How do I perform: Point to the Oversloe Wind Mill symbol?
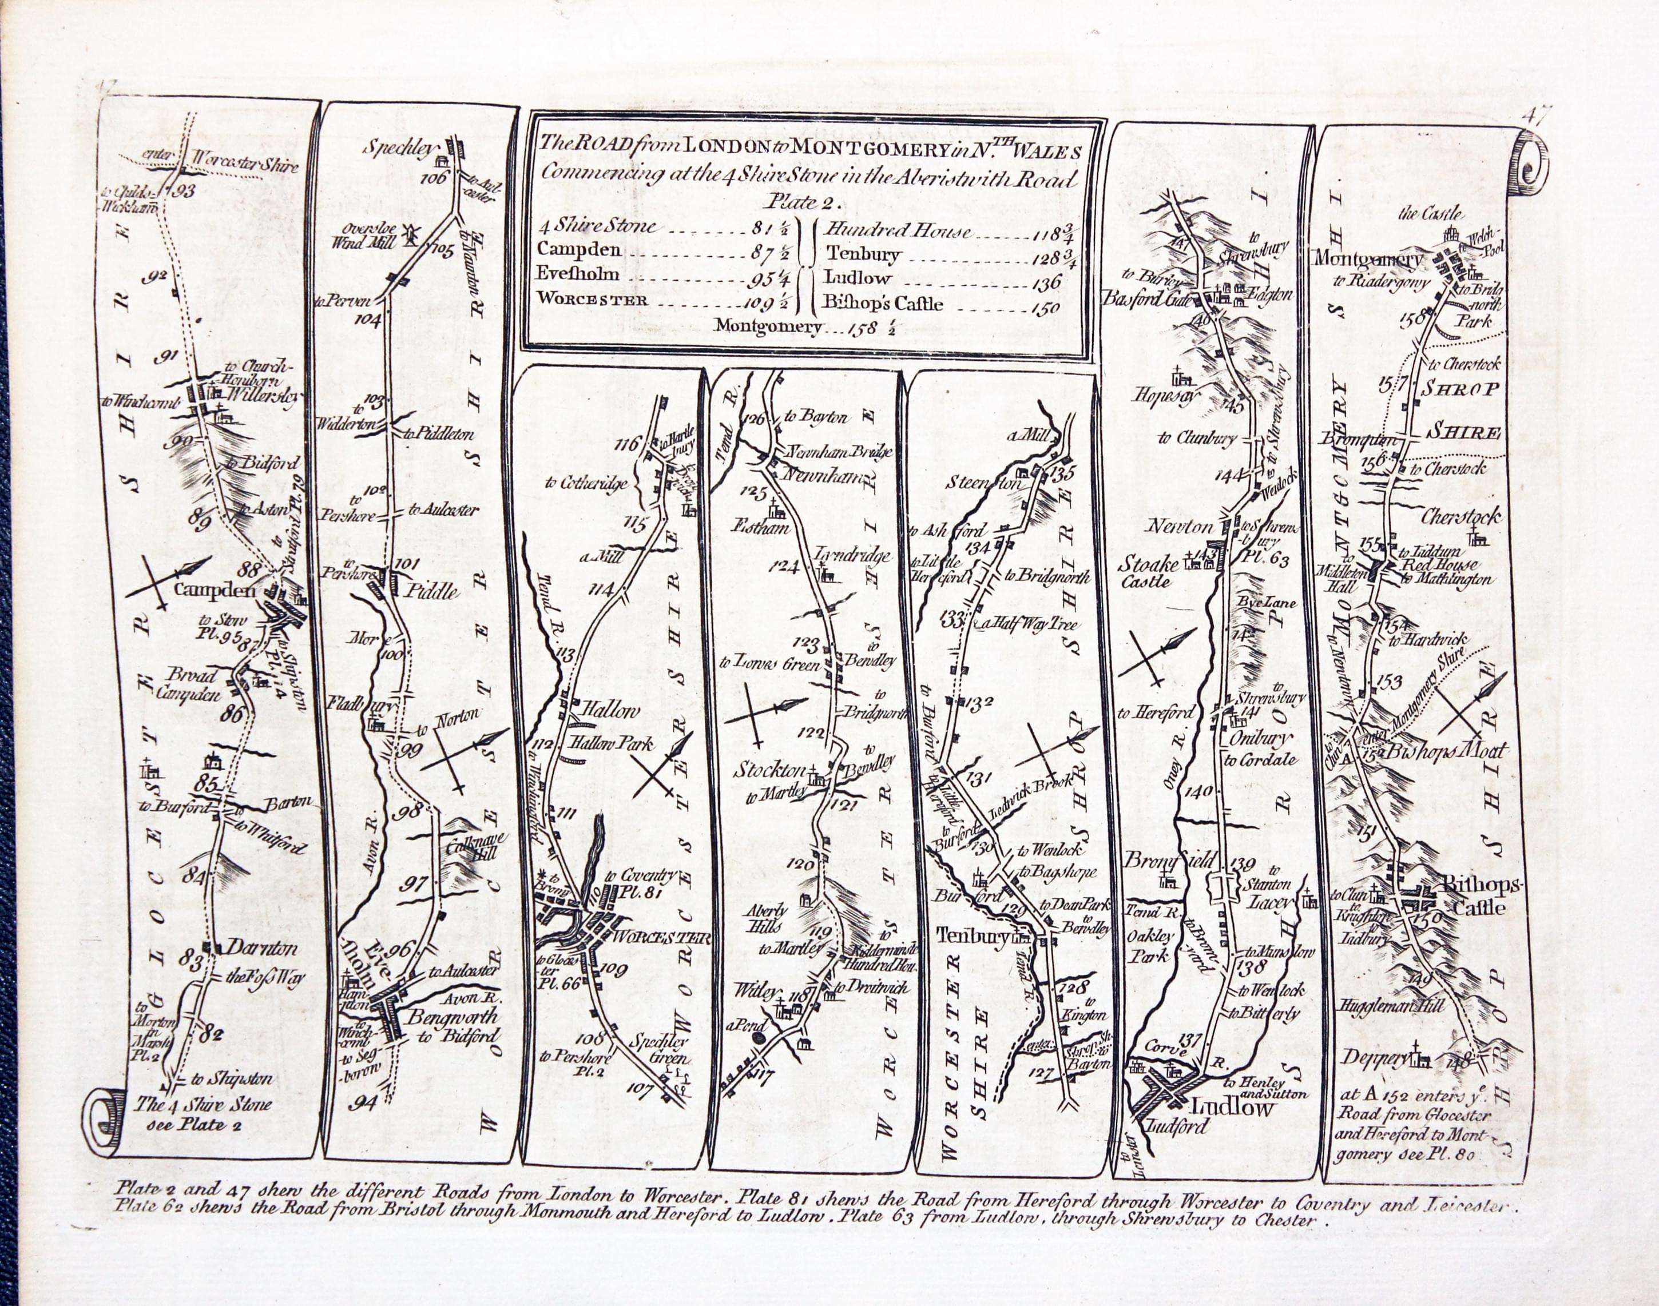[x=409, y=236]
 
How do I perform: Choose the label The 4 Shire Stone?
[x=202, y=1104]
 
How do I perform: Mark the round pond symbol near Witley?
[x=758, y=1038]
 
